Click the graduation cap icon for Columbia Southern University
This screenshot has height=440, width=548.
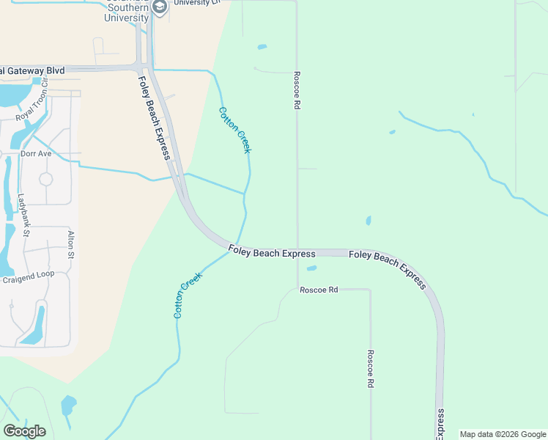point(160,7)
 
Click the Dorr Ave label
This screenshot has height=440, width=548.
point(36,154)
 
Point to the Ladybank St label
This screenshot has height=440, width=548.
point(23,215)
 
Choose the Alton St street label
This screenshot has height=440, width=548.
point(71,243)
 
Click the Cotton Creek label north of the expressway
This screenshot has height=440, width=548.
point(234,130)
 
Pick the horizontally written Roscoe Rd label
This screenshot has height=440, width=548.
point(319,290)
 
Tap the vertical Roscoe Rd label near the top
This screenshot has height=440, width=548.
point(297,90)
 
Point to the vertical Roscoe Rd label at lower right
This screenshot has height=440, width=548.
point(371,368)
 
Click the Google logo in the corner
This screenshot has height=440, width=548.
point(24,431)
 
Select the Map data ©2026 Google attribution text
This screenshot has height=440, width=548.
point(503,434)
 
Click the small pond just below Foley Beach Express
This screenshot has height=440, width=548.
point(311,268)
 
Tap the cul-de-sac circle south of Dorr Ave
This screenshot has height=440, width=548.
point(45,179)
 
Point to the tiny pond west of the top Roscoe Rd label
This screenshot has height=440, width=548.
point(262,48)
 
